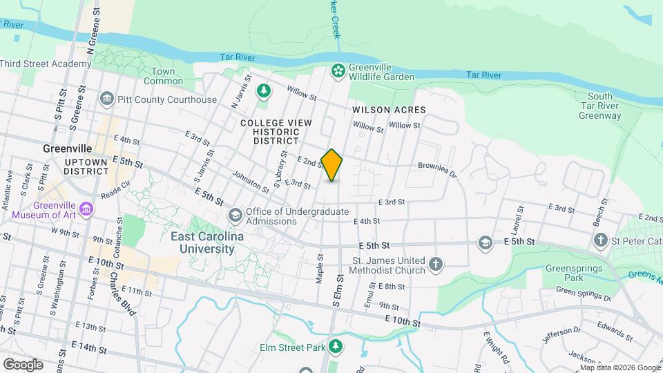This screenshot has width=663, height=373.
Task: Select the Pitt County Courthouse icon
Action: (x=107, y=99)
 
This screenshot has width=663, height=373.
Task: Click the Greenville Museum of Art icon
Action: (x=86, y=208)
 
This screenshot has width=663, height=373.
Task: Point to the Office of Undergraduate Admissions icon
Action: (x=236, y=216)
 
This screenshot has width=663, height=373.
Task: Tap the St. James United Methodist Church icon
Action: (x=435, y=264)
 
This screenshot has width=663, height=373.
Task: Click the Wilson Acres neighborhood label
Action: (x=389, y=110)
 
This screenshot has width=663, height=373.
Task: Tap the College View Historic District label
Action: (x=276, y=131)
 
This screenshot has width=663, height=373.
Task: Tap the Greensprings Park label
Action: (x=573, y=273)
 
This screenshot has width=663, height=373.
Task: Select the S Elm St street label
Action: (x=338, y=290)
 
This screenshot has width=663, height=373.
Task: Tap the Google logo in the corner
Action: (x=23, y=364)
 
